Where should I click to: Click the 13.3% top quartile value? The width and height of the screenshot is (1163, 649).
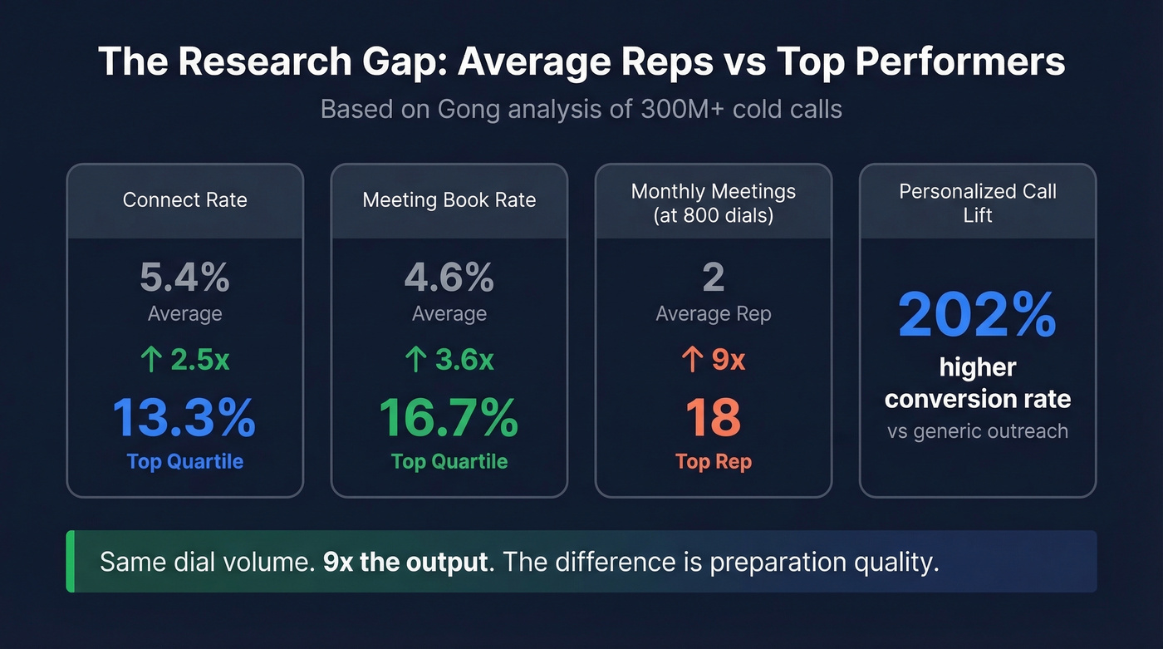[x=184, y=418]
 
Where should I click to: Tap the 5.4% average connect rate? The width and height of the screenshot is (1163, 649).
[x=184, y=278]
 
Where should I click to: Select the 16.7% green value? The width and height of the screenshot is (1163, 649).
[x=449, y=418]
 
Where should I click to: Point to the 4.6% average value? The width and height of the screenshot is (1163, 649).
[x=449, y=278]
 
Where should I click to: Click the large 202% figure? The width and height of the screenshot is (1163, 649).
[x=977, y=315]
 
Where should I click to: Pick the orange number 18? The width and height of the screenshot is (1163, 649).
[x=713, y=418]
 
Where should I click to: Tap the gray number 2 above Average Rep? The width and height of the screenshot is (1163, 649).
[x=713, y=278]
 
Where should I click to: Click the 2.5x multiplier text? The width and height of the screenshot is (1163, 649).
[x=200, y=360]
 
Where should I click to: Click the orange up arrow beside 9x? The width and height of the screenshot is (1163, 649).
[x=689, y=360]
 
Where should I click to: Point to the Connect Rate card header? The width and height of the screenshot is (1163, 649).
[x=184, y=200]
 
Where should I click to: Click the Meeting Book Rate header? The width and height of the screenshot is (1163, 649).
[x=449, y=200]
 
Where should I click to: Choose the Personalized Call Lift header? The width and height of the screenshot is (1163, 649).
[x=977, y=203]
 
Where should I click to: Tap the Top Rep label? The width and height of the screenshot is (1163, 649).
[x=713, y=462]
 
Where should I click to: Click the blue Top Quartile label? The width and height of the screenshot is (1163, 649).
[x=184, y=462]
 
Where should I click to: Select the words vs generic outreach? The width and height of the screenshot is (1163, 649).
[x=977, y=431]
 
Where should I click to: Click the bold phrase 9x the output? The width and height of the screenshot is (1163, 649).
[x=405, y=562]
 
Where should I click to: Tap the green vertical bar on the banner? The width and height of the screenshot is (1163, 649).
[x=71, y=562]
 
